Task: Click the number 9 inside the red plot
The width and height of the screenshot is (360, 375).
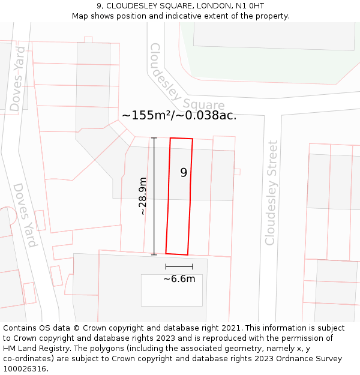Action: click(184, 173)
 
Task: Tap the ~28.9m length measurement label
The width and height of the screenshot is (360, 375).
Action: click(143, 196)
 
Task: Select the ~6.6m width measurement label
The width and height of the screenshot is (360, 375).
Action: click(179, 278)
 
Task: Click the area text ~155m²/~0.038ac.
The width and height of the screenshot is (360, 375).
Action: click(179, 115)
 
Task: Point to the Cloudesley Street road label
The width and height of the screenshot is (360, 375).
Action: click(271, 193)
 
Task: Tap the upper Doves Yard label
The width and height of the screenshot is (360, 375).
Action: click(17, 79)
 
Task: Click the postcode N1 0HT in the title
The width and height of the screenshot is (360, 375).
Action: click(249, 6)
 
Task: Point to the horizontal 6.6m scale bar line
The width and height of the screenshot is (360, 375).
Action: click(179, 266)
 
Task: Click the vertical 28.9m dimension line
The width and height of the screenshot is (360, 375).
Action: click(154, 196)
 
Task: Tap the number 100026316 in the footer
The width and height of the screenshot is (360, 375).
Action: click(23, 369)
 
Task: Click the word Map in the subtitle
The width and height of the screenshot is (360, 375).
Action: click(80, 16)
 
